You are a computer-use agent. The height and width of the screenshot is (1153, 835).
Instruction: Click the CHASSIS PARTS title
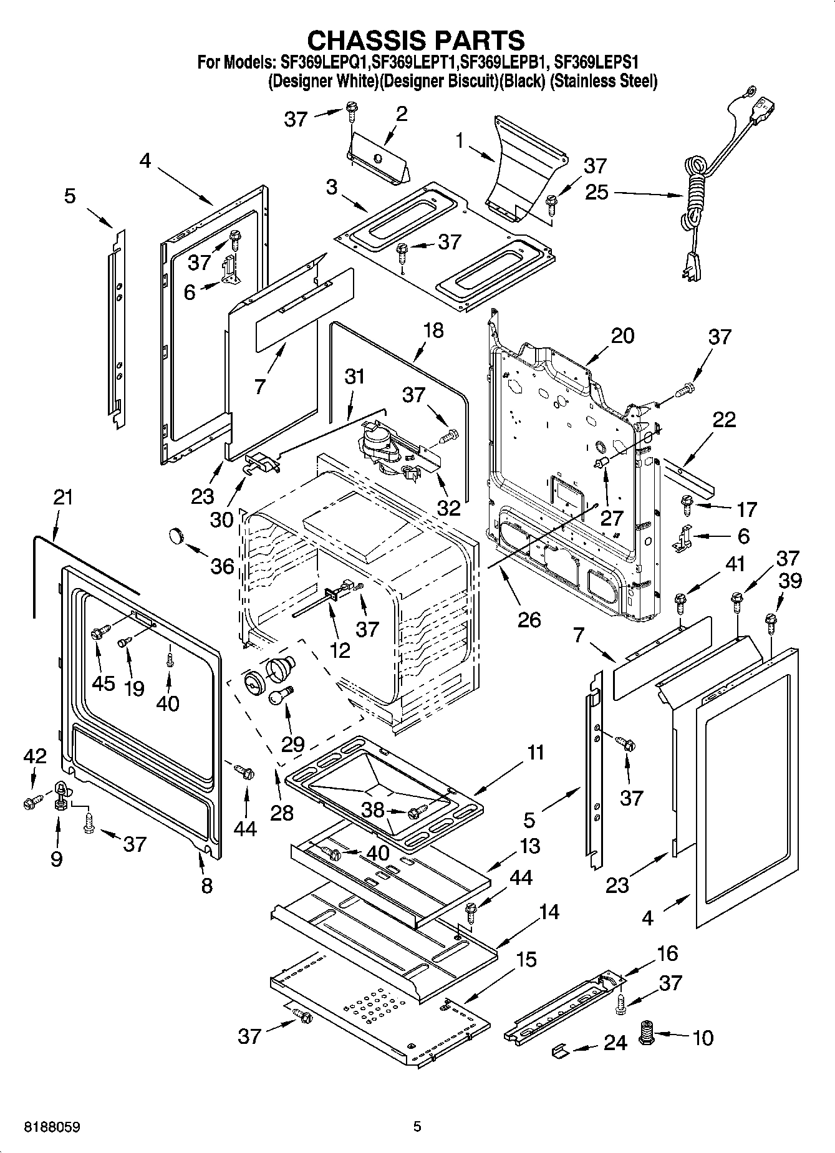pyautogui.click(x=417, y=40)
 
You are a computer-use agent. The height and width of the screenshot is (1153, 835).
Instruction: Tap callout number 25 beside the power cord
pyautogui.click(x=596, y=191)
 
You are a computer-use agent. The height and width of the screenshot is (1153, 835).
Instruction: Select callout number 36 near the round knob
pyautogui.click(x=222, y=566)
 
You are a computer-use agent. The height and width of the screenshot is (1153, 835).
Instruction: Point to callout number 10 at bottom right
pyautogui.click(x=702, y=1038)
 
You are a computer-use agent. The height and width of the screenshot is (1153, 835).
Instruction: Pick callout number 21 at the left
pyautogui.click(x=63, y=498)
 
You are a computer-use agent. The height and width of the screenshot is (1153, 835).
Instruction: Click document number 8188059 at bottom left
pyautogui.click(x=52, y=1127)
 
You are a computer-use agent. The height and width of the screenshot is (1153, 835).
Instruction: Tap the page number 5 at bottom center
pyautogui.click(x=417, y=1127)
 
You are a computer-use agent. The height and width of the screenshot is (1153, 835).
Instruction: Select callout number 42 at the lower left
pyautogui.click(x=35, y=756)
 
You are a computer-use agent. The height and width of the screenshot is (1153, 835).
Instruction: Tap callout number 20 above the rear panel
pyautogui.click(x=622, y=335)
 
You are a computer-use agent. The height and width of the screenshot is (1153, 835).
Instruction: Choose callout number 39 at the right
pyautogui.click(x=790, y=580)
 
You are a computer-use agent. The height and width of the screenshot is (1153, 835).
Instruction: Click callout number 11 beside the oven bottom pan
pyautogui.click(x=535, y=753)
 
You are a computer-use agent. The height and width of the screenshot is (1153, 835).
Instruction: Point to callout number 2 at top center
pyautogui.click(x=401, y=113)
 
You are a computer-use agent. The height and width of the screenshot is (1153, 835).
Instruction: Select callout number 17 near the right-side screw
pyautogui.click(x=746, y=509)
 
